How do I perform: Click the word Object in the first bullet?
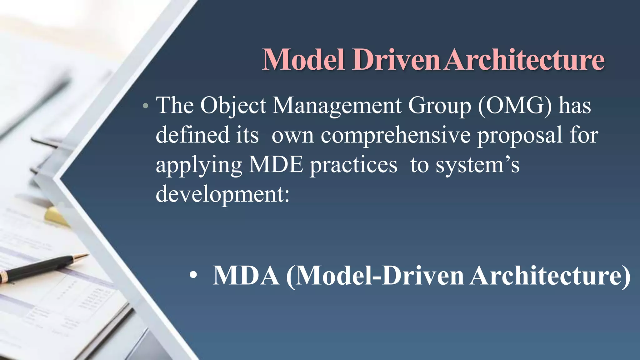[x=233, y=106]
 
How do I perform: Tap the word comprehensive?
[x=396, y=135]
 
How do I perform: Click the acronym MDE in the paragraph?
[x=276, y=165]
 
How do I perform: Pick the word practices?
[x=353, y=165]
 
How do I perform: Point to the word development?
[x=222, y=194]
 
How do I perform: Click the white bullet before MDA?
[x=193, y=275]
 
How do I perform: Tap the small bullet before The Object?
[x=145, y=106]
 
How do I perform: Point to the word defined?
[x=192, y=135]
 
